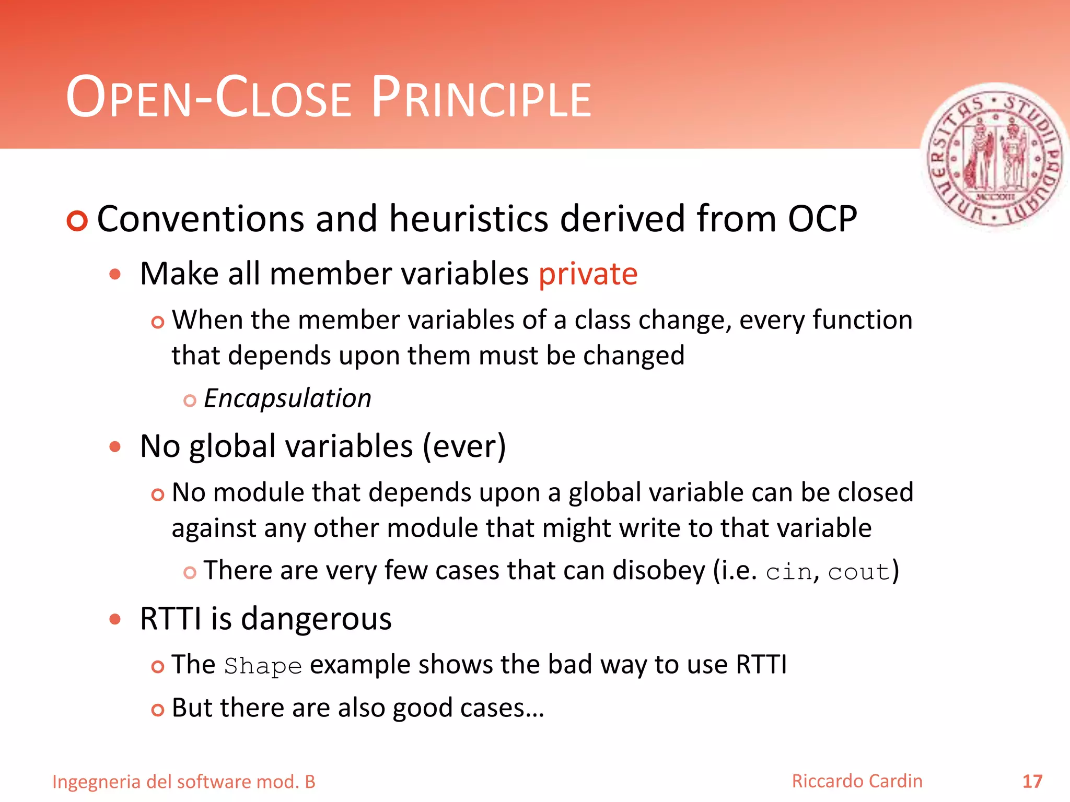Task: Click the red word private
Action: pyautogui.click(x=588, y=274)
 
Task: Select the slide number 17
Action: pyautogui.click(x=1032, y=782)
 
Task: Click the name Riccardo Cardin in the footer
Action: pyautogui.click(x=857, y=781)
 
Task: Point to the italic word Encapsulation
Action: pyautogui.click(x=287, y=399)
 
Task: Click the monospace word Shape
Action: pyautogui.click(x=263, y=666)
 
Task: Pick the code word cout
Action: pyautogui.click(x=858, y=572)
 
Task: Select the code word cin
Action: pyautogui.click(x=789, y=572)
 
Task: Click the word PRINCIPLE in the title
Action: pyautogui.click(x=481, y=98)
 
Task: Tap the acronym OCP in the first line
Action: pyautogui.click(x=822, y=219)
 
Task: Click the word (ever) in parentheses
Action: pyautogui.click(x=464, y=447)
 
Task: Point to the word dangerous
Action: pyautogui.click(x=316, y=619)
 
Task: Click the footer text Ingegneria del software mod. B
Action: pyautogui.click(x=184, y=782)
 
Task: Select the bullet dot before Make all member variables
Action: pyautogui.click(x=115, y=274)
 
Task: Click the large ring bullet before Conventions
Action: pyautogui.click(x=77, y=221)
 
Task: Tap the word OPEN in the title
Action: pyautogui.click(x=129, y=98)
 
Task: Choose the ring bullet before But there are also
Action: pyautogui.click(x=157, y=710)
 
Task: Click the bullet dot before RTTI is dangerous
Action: pyautogui.click(x=115, y=619)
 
